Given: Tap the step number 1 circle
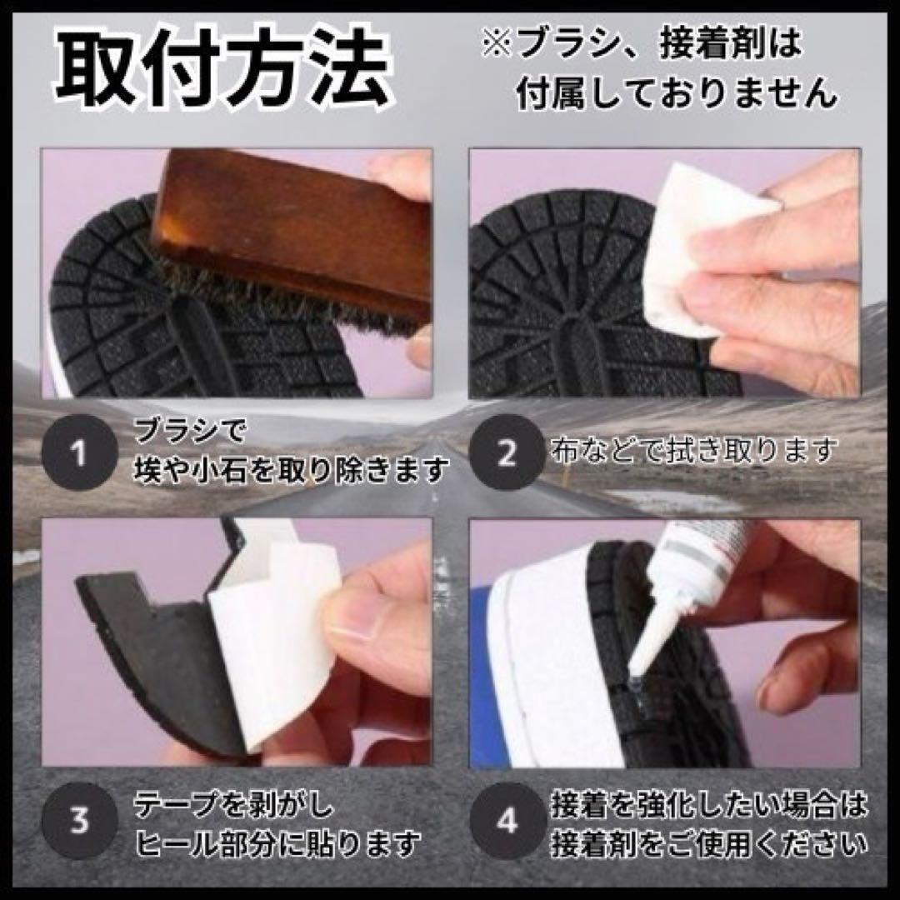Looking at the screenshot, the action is [x=80, y=452].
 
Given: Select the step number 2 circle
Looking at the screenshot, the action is [x=507, y=452].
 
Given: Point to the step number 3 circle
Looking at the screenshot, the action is [x=80, y=821].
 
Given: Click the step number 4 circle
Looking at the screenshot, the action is [x=507, y=821].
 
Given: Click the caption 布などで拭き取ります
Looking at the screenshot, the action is [x=692, y=452].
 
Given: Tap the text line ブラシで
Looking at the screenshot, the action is [x=189, y=430].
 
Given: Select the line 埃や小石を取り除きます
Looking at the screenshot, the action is [x=292, y=471].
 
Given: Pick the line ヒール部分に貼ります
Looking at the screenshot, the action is [x=277, y=842].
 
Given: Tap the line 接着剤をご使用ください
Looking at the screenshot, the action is [x=709, y=842].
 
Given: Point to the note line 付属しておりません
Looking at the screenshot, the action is [x=677, y=92].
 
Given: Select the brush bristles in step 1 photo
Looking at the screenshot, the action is [x=287, y=312].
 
